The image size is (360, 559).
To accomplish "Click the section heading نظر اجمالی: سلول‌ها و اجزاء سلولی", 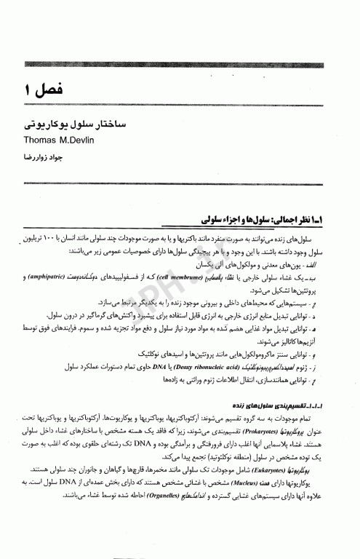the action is [x=262, y=219].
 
